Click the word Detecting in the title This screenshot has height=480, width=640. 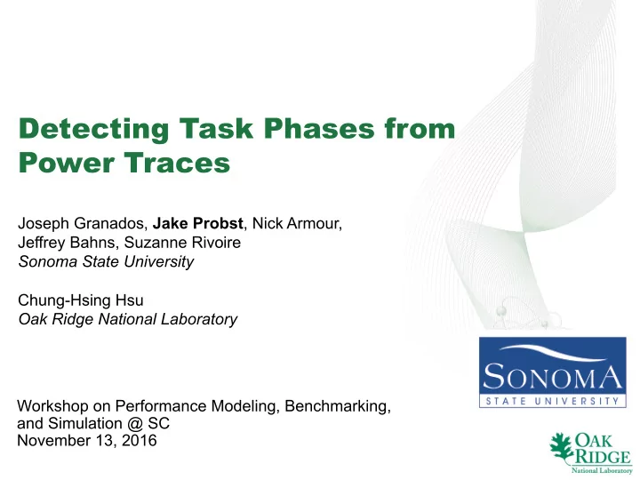click(93, 130)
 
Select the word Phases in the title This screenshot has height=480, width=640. click(319, 128)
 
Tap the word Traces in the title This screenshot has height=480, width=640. click(177, 162)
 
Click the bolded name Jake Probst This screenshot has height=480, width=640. click(198, 223)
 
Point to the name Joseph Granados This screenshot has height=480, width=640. click(81, 224)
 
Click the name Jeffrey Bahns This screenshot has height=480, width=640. click(66, 243)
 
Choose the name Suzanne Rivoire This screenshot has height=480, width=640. click(182, 243)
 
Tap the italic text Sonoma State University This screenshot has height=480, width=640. click(106, 261)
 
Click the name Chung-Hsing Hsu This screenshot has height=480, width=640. click(81, 300)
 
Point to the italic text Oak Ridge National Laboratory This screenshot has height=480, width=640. click(128, 319)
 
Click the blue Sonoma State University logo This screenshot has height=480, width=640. click(553, 372)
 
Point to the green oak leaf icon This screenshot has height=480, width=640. click(562, 448)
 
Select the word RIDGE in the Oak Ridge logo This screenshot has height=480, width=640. click(603, 456)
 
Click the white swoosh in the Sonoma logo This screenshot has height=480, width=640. click(554, 352)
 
